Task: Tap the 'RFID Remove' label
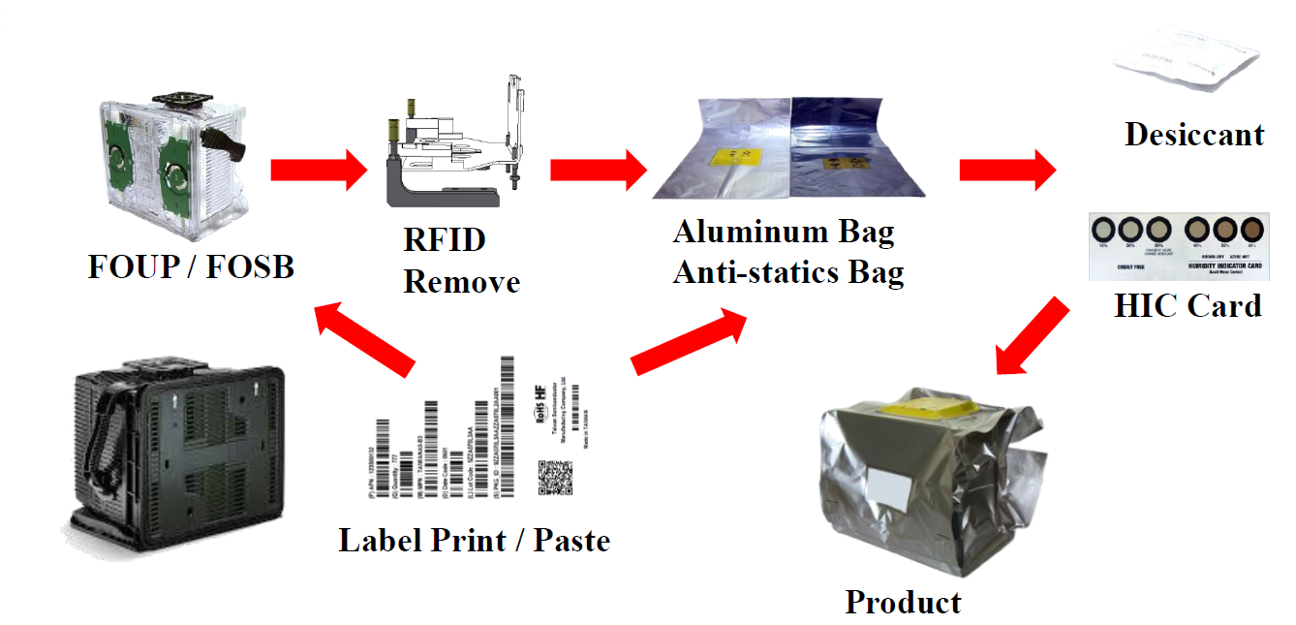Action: click(x=461, y=261)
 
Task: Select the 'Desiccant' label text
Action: click(x=1193, y=134)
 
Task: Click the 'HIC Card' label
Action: click(x=1188, y=306)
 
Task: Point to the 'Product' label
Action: click(x=903, y=602)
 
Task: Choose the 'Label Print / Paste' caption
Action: click(x=474, y=540)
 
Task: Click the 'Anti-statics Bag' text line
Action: click(x=788, y=272)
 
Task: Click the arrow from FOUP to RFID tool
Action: click(x=318, y=171)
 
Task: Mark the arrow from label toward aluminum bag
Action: click(x=689, y=342)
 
